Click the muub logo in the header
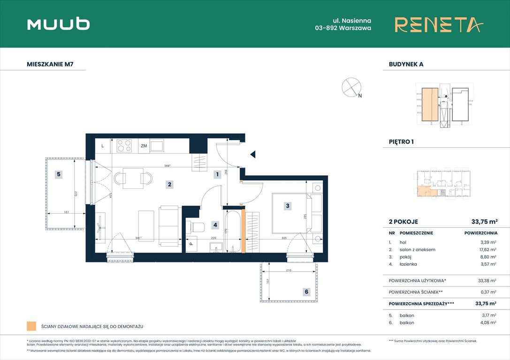58,24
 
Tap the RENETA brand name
438,24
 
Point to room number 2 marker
169,184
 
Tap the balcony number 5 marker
59,174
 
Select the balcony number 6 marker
306,292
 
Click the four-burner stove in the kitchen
124,146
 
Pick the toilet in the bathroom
197,228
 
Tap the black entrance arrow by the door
253,154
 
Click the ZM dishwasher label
144,146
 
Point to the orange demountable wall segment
243,232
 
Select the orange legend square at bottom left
31,326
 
